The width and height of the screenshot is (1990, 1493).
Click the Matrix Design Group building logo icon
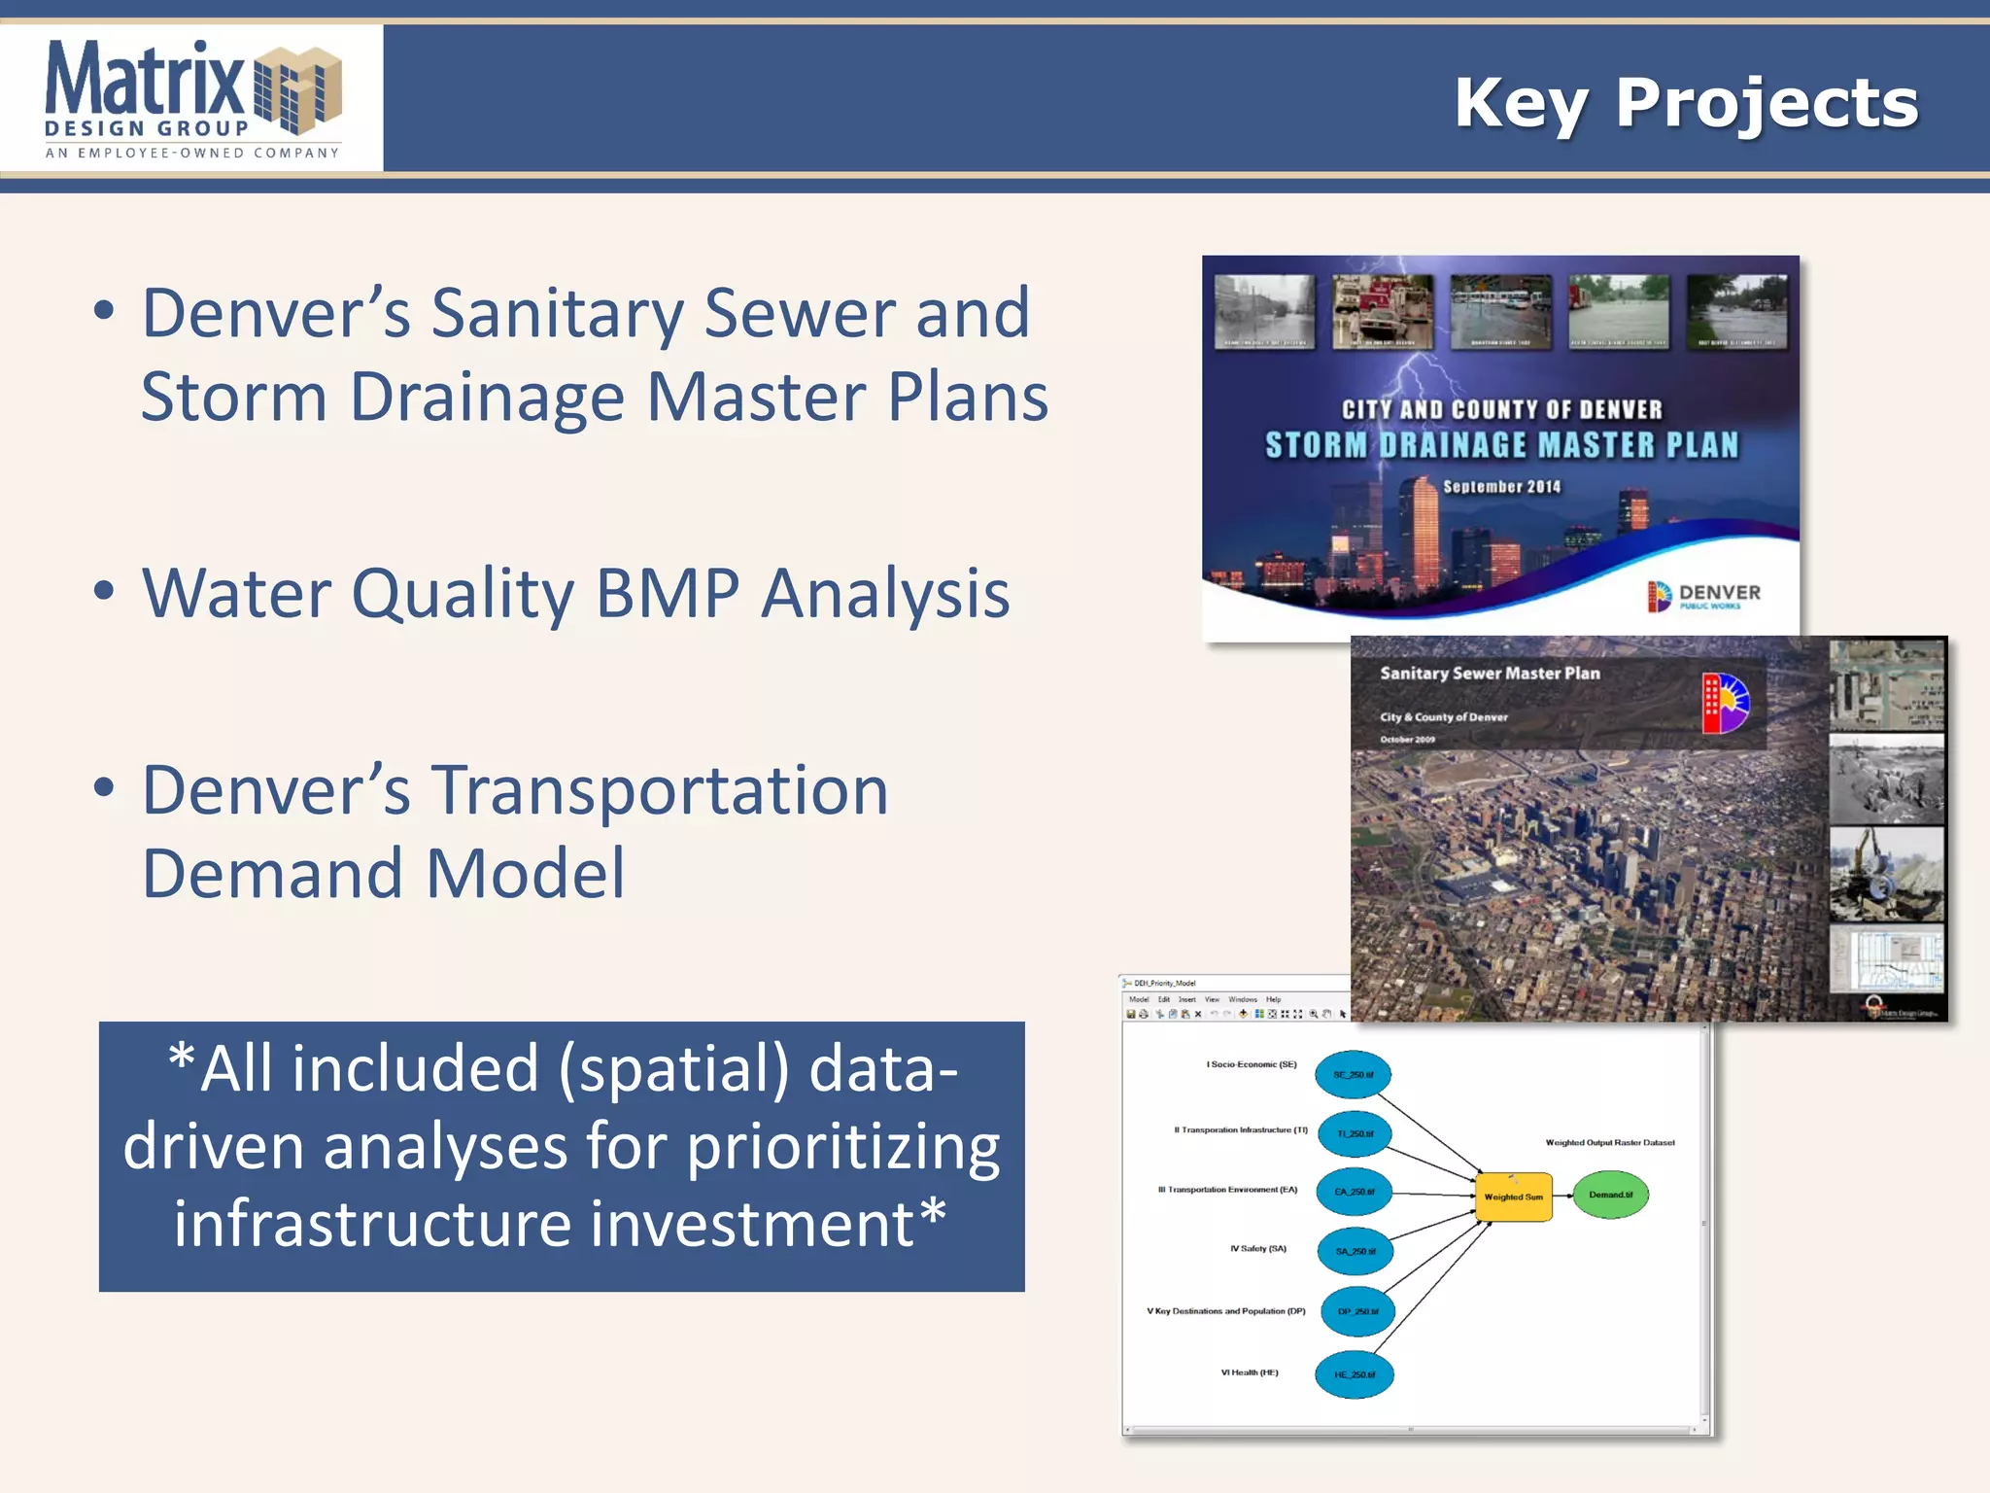[x=297, y=89]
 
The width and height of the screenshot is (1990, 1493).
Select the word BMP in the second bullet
[x=668, y=593]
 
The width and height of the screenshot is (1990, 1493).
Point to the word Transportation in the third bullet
[x=660, y=790]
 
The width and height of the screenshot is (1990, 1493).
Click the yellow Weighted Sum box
[x=1513, y=1197]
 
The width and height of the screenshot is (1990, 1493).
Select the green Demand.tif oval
[x=1610, y=1195]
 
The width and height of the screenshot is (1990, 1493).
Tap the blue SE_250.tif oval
[x=1353, y=1075]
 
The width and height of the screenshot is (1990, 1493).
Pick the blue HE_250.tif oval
[x=1355, y=1374]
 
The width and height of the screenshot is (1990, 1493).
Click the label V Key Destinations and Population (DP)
[x=1225, y=1311]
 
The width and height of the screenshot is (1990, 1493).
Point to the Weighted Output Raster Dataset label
[x=1609, y=1143]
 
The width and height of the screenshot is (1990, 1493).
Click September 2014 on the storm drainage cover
[x=1501, y=487]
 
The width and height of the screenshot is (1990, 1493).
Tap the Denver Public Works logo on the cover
[x=1703, y=595]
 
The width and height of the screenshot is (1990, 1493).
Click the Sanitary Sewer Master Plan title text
[x=1489, y=674]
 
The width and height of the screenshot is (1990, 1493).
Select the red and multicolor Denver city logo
[x=1725, y=703]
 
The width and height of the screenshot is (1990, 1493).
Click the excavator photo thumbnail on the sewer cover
[x=1886, y=874]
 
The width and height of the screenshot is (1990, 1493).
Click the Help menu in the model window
[x=1273, y=999]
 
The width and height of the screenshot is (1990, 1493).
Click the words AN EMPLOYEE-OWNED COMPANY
[x=192, y=153]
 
